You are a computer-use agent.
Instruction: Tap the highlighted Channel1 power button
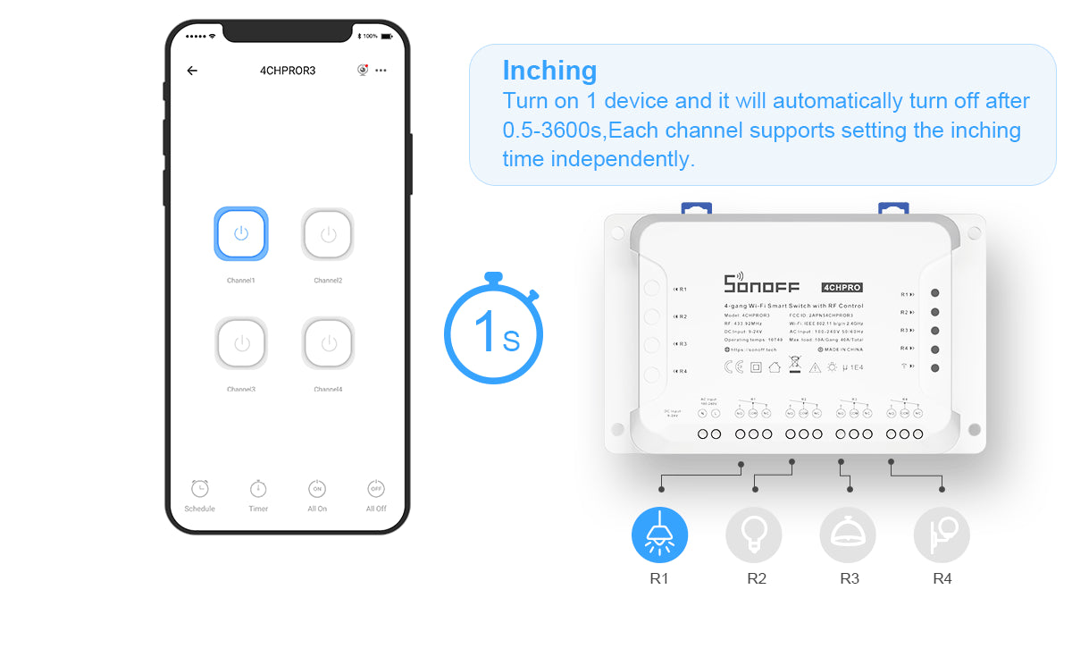click(x=240, y=234)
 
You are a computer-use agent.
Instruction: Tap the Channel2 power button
click(x=328, y=234)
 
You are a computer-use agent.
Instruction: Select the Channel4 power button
click(x=328, y=343)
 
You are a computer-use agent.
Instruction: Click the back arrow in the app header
click(x=192, y=71)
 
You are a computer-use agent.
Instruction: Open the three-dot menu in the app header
click(x=381, y=71)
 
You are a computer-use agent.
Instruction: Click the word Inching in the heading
click(x=549, y=71)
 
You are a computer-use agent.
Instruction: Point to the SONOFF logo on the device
click(x=761, y=284)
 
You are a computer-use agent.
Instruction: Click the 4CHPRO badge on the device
click(x=842, y=287)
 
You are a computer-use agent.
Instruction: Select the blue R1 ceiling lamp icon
click(x=659, y=535)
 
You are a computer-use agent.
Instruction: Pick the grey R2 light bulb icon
click(x=753, y=535)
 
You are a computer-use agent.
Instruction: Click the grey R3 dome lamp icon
click(x=848, y=535)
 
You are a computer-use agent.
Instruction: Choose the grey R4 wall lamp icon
click(x=942, y=535)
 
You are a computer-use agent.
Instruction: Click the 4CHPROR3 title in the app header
click(x=288, y=71)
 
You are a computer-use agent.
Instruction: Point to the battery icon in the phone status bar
click(x=387, y=36)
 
